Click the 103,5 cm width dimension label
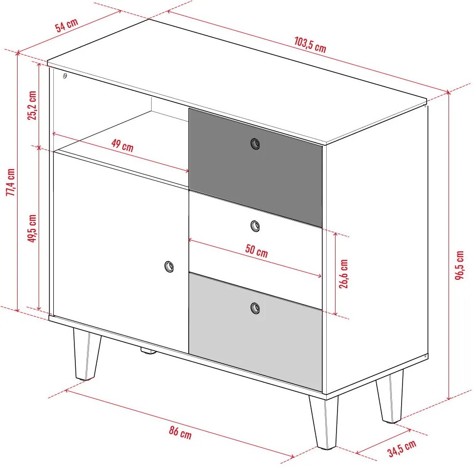click(310, 45)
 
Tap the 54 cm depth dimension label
click(67, 24)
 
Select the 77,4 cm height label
click(11, 182)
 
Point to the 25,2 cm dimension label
click(32, 105)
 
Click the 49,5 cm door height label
click(32, 228)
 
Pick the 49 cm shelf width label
click(122, 145)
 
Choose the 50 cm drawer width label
click(256, 250)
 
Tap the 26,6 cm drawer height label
click(343, 274)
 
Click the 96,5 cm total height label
click(459, 265)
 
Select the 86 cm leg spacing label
click(180, 432)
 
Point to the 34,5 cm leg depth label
click(402, 448)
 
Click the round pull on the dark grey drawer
click(255, 144)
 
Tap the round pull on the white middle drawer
click(255, 226)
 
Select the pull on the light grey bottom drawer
click(255, 308)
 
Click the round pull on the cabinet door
click(169, 267)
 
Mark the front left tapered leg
click(87, 354)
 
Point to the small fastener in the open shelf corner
click(65, 75)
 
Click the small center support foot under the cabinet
click(148, 351)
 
